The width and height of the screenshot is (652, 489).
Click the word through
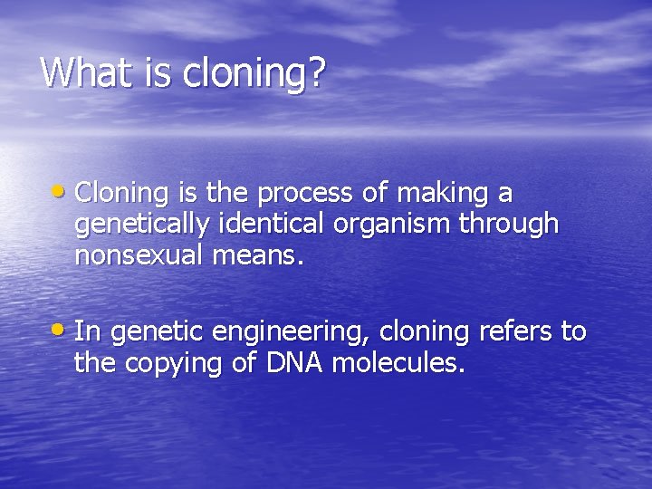coord(509,225)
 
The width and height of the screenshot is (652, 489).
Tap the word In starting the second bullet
coord(86,332)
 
